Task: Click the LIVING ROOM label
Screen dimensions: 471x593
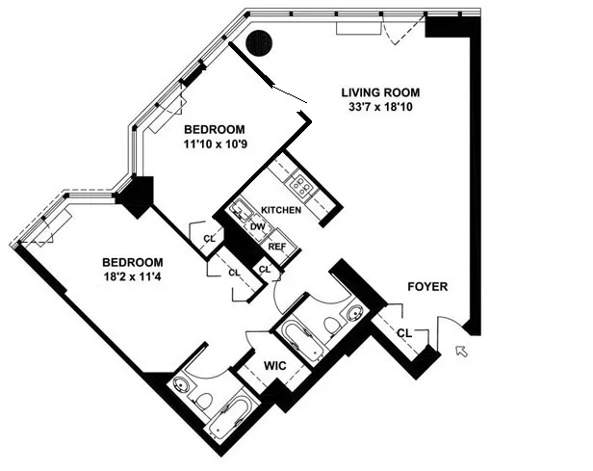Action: (381, 92)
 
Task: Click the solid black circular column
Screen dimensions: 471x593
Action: (258, 43)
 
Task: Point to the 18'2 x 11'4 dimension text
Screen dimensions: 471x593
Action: (133, 275)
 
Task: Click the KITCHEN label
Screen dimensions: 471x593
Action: (281, 210)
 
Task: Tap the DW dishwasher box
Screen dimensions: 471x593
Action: (258, 227)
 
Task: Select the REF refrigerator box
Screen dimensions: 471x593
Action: (276, 246)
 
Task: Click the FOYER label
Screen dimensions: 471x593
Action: (426, 286)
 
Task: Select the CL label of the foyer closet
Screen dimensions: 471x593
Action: (404, 332)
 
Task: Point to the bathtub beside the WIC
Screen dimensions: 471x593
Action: (301, 342)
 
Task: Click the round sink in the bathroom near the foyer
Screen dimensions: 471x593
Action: (354, 313)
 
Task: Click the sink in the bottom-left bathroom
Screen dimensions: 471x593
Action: (182, 384)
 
